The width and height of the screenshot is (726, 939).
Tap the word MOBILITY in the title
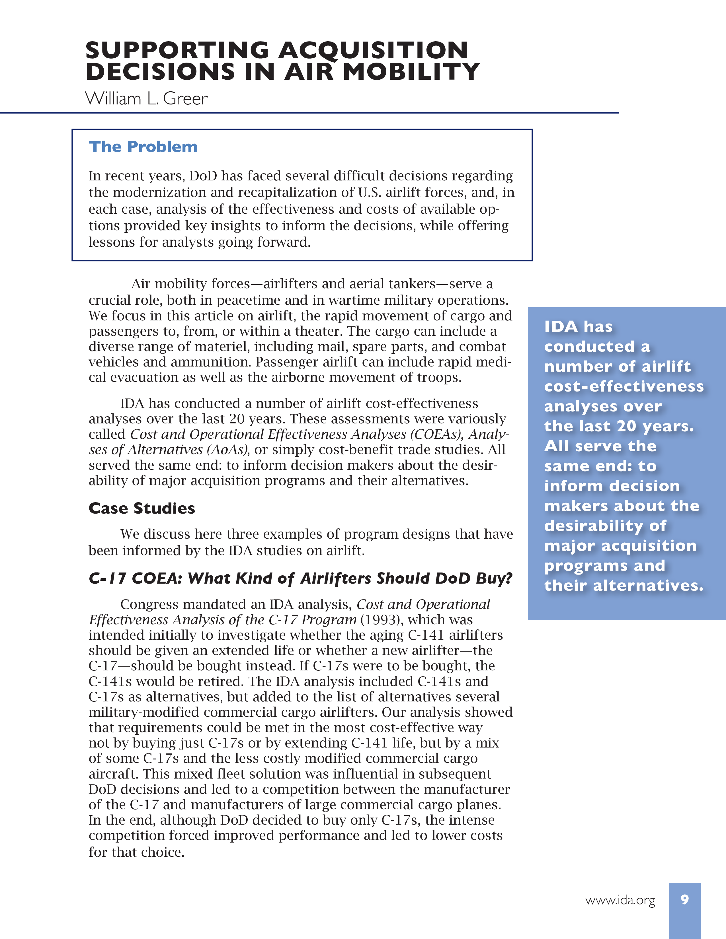411,72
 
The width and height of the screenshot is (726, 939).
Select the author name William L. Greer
146,99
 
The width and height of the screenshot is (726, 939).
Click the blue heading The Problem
143,147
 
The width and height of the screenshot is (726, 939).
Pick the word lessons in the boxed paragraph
112,242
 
